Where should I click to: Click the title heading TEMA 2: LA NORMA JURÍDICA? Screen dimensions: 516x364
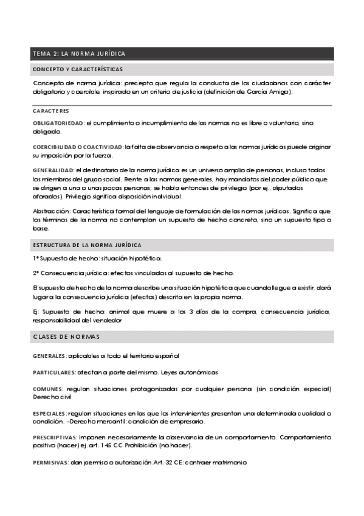[x=79, y=54]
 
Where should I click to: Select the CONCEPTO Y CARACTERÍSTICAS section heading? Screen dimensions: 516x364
[x=77, y=69]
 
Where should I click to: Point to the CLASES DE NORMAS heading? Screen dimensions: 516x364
[x=67, y=336]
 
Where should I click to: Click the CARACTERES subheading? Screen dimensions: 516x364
[x=50, y=111]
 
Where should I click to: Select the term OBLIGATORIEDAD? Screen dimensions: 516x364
[x=58, y=124]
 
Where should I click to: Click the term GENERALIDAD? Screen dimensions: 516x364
[x=53, y=170]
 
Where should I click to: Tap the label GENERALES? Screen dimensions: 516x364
[x=49, y=355]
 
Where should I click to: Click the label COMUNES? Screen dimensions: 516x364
[x=47, y=388]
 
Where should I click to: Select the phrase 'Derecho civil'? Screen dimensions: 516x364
[x=52, y=397]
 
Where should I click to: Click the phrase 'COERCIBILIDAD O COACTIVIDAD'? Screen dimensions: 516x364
[x=77, y=147]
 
